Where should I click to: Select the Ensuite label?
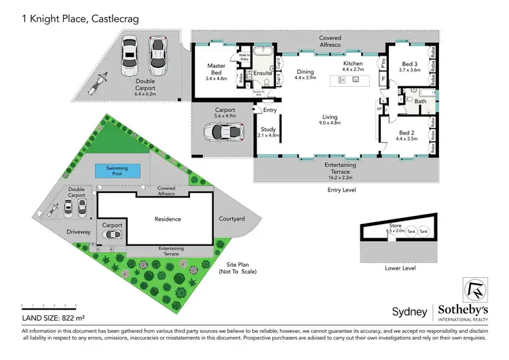tap(263, 73)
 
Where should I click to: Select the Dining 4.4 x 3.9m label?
tap(307, 74)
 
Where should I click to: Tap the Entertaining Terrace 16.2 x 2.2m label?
tap(337, 168)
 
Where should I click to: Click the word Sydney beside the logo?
tap(410, 312)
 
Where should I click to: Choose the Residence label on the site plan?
tap(168, 219)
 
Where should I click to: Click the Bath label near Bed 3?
tap(421, 102)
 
